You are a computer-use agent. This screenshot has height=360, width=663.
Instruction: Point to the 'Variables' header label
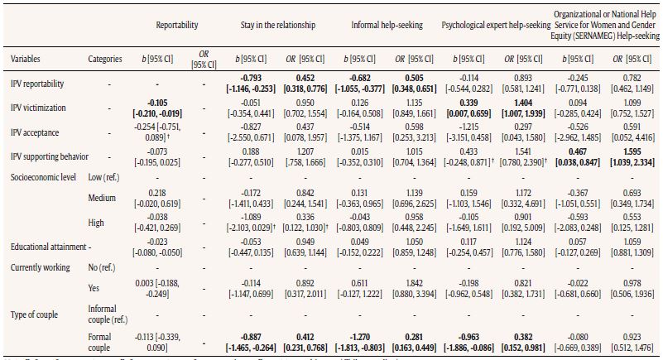(26, 60)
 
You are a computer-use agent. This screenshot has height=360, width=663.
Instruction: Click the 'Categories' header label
(105, 60)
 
